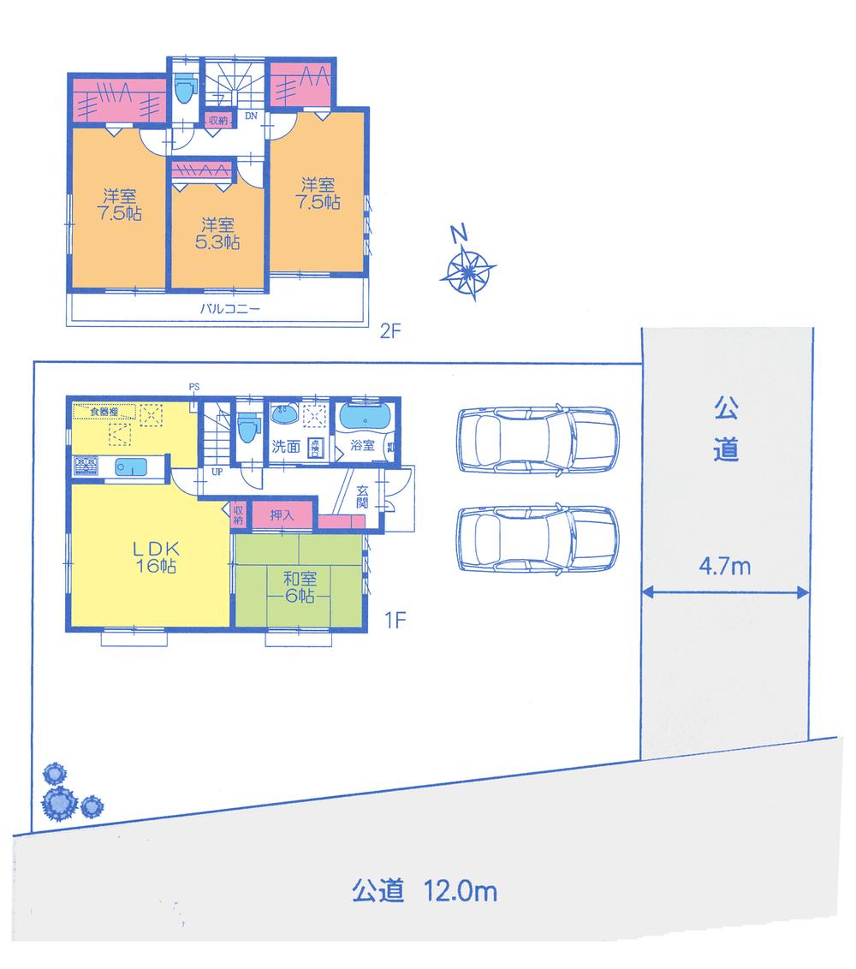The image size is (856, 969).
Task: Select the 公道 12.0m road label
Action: pyautogui.click(x=425, y=893)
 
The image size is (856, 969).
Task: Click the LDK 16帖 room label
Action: pyautogui.click(x=154, y=556)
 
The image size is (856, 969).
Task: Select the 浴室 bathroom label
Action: pyautogui.click(x=362, y=446)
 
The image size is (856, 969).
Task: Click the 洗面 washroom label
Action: pyautogui.click(x=285, y=446)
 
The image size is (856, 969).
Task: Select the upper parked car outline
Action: pyautogui.click(x=537, y=438)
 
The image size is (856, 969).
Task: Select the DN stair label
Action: pyautogui.click(x=251, y=115)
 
